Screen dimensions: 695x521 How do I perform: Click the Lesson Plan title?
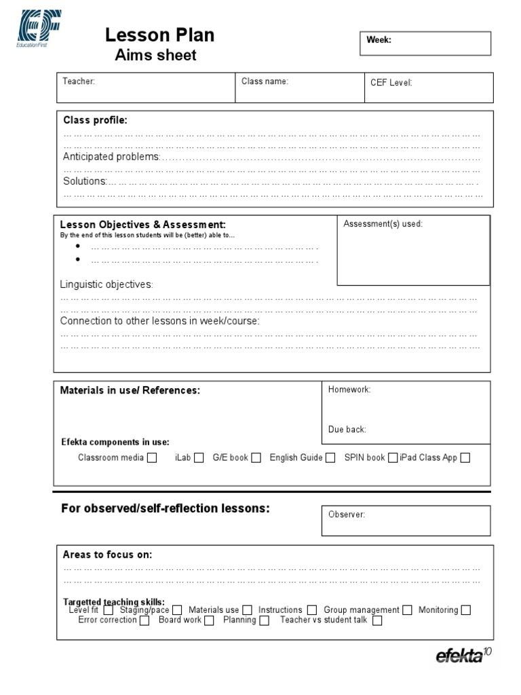159,35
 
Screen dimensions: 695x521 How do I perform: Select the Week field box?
424,43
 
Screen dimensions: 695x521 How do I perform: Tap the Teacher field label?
79,81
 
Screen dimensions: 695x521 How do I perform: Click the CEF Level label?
391,83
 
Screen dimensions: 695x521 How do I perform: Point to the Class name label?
265,81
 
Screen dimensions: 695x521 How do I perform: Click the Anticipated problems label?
111,157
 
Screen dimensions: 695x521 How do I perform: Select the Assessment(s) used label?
383,224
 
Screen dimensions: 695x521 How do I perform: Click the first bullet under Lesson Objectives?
79,246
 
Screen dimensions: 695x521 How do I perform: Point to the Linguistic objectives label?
107,284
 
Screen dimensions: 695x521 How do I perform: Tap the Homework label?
349,390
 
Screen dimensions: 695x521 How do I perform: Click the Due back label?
347,430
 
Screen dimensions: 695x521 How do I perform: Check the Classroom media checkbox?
152,457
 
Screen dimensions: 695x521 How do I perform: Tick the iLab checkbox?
199,457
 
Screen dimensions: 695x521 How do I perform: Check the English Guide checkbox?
330,457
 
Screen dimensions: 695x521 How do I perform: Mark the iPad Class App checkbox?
465,457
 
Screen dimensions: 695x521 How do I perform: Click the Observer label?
347,514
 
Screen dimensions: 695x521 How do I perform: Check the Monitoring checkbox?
465,610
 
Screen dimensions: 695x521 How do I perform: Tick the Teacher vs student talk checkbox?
377,620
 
